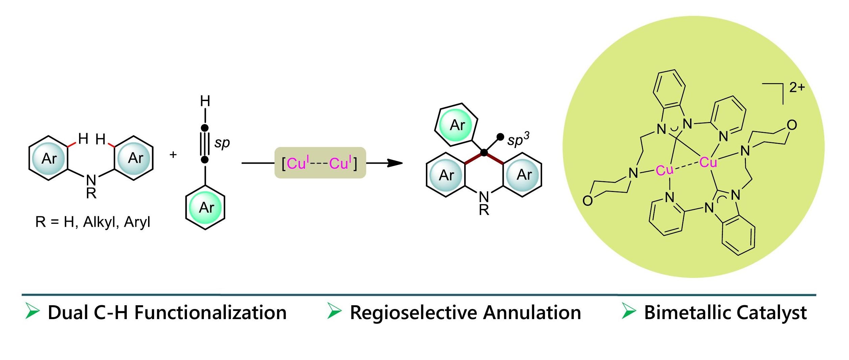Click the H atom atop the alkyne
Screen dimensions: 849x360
pyautogui.click(x=205, y=101)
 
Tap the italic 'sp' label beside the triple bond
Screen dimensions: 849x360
pyautogui.click(x=222, y=143)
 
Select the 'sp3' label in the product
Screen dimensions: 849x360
pyautogui.click(x=518, y=139)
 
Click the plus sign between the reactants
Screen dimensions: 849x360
pyautogui.click(x=173, y=155)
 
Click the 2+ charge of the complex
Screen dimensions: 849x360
pyautogui.click(x=797, y=88)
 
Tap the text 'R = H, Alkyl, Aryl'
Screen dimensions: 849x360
pyautogui.click(x=93, y=222)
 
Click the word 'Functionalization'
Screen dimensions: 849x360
pyautogui.click(x=210, y=312)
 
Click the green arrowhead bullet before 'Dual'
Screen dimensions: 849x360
pyautogui.click(x=32, y=311)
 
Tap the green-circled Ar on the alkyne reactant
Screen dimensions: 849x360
pyautogui.click(x=206, y=207)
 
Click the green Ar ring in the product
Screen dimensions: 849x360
pyautogui.click(x=457, y=125)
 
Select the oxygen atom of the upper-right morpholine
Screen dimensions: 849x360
pyautogui.click(x=792, y=125)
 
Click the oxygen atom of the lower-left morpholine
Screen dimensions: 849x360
pyautogui.click(x=587, y=201)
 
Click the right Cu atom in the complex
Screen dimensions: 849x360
pyautogui.click(x=708, y=163)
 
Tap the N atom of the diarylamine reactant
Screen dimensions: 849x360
pyautogui.click(x=91, y=180)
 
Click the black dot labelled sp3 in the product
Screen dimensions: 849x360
pyautogui.click(x=500, y=137)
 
